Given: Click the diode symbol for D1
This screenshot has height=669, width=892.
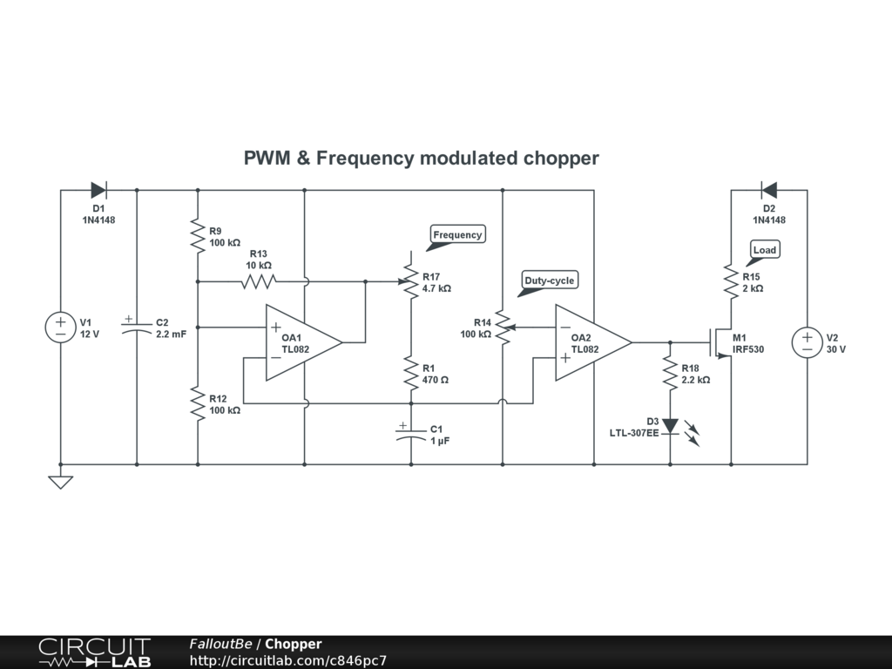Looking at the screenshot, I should [x=98, y=190].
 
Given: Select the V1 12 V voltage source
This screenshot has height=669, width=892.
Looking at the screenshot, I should [x=60, y=328].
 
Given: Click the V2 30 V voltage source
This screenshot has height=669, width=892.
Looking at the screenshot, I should [x=807, y=342].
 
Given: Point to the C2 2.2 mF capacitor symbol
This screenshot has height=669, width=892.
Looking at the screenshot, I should [x=137, y=328].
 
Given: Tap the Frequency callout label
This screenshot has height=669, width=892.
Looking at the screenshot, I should [x=457, y=234].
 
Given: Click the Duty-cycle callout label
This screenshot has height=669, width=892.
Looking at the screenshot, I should [x=549, y=280].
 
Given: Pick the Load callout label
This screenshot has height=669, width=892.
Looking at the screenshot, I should [x=764, y=250].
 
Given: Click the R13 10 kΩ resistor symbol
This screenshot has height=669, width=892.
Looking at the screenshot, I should [x=259, y=281].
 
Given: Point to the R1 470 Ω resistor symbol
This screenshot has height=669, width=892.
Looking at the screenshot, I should [x=410, y=374].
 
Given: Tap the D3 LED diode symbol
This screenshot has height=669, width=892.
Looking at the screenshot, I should [x=670, y=426].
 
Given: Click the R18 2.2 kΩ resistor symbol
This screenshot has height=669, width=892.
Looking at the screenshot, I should [x=670, y=374].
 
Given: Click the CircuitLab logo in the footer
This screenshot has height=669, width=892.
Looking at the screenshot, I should [x=94, y=652].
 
